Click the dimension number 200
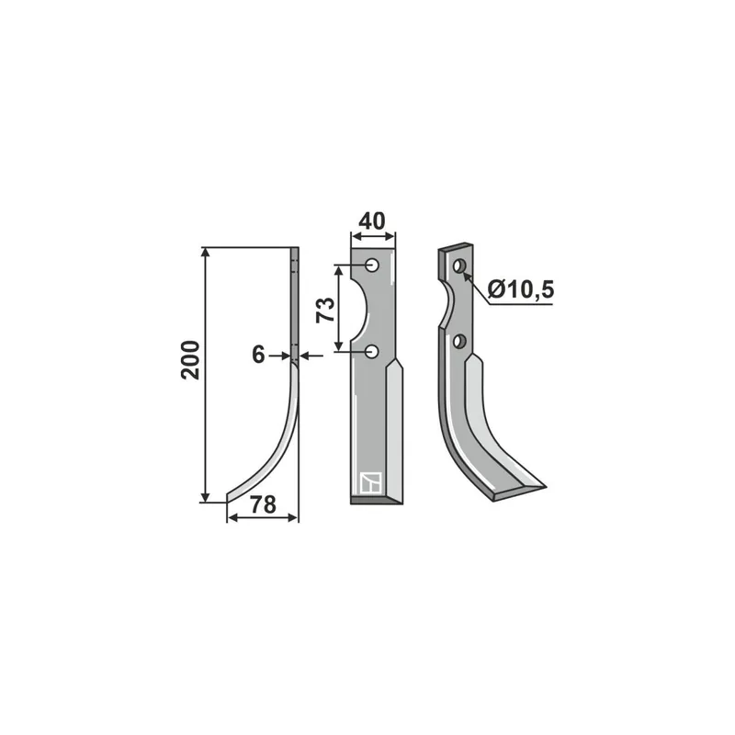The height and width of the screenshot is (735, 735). [190, 360]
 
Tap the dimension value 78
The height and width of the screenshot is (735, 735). [263, 504]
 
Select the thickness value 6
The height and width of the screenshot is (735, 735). [258, 355]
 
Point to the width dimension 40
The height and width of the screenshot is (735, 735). [372, 220]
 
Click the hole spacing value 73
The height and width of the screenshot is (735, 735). [325, 310]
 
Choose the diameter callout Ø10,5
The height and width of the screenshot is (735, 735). [521, 288]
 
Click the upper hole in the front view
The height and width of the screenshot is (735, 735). [373, 266]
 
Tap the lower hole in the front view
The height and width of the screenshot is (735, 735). [372, 351]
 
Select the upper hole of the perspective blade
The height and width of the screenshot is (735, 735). [458, 266]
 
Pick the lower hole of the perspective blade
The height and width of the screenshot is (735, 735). [459, 341]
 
